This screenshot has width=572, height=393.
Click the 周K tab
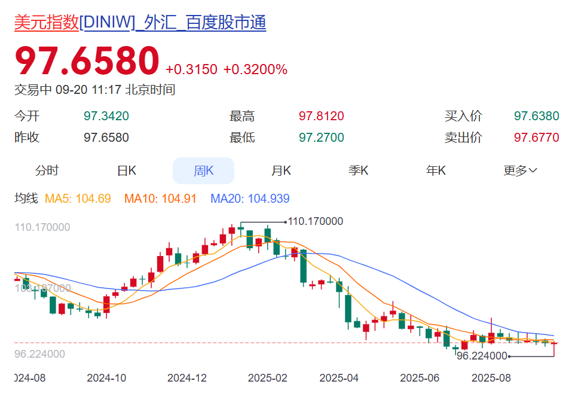pos(203,171)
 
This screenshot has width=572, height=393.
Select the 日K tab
pos(127,171)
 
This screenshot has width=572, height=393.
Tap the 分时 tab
pos(47,171)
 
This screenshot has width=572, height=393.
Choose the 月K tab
pos(281,171)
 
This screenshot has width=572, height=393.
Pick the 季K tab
pos(359,171)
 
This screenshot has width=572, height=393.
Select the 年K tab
pos(436,171)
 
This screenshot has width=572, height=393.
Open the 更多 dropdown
pos(520,171)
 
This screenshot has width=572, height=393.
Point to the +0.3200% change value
pos(255,69)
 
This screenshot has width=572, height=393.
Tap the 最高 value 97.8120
pos(322,116)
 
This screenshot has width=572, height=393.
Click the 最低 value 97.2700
pos(322,138)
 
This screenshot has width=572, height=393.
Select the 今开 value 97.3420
pos(106,116)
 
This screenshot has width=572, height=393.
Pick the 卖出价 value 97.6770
pos(537,138)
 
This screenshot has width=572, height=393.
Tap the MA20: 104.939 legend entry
pos(250,199)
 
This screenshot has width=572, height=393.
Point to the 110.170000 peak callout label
pos(316,221)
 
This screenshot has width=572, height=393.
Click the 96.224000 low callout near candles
pos(482,356)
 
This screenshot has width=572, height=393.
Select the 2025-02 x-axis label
pos(268,378)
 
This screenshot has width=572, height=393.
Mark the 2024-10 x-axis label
pos(106,378)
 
